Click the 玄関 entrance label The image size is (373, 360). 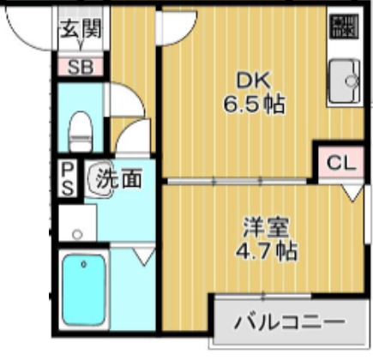[80, 28]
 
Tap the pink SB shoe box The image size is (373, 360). [79, 66]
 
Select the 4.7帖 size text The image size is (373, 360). [268, 252]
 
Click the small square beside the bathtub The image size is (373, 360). [78, 233]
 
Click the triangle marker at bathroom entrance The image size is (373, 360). [141, 255]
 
